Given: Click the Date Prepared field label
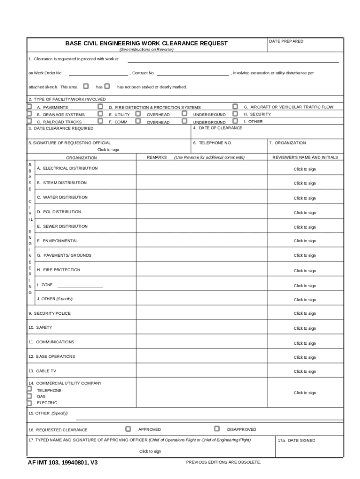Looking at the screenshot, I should [286, 42].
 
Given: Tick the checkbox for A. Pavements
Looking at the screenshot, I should [29, 107].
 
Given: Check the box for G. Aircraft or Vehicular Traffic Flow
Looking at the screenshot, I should [236, 107].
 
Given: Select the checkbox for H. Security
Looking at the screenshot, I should [236, 114].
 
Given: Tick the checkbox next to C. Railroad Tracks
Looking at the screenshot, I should [29, 121].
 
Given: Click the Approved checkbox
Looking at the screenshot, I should [128, 428].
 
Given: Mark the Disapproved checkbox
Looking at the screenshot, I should [217, 428].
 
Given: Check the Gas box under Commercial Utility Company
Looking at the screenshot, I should [29, 396].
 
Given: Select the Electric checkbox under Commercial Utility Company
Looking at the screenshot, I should [29, 403].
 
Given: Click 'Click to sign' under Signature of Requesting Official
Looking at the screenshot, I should [108, 150].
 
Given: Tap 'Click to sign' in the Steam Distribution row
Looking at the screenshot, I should [304, 183].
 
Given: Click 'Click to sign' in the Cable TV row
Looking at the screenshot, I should [304, 371].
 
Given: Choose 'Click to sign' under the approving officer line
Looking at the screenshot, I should [150, 451].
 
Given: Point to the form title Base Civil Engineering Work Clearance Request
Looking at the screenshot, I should [146, 44].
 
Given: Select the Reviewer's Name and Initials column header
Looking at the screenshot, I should [305, 158].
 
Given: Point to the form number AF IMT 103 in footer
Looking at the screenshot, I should [63, 463].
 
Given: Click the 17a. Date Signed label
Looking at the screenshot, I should [296, 441].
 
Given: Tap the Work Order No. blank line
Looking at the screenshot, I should [98, 74].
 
